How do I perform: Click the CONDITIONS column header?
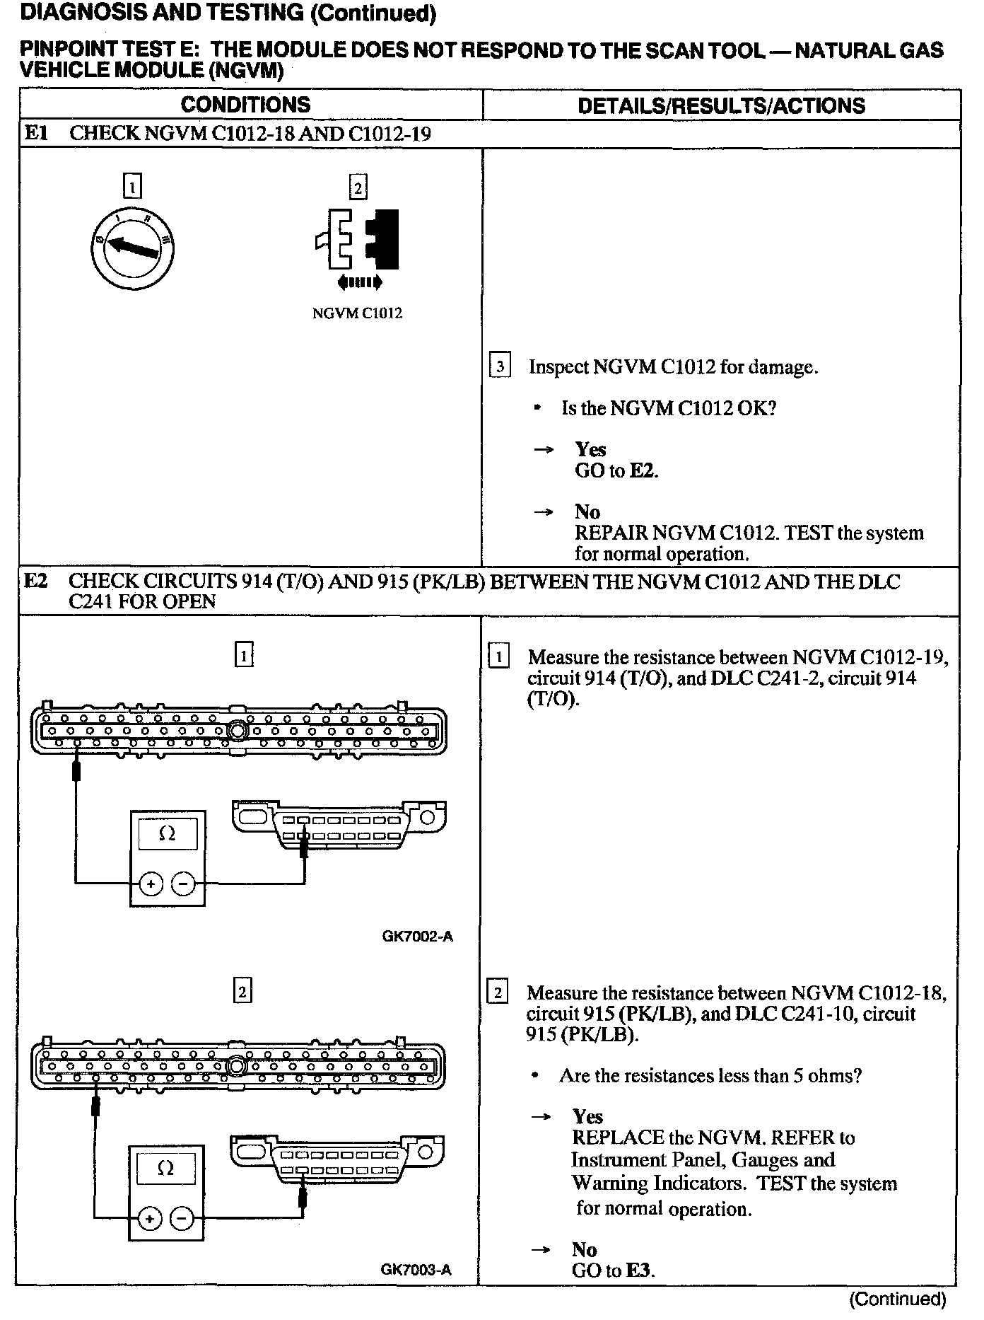(245, 105)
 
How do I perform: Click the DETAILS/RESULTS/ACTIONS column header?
(721, 105)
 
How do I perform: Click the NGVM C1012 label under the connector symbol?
(358, 313)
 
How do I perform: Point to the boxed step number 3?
(500, 366)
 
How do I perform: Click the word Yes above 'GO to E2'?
(590, 449)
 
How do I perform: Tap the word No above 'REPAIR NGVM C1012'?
(587, 511)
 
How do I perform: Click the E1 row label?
(36, 133)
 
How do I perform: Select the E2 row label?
(36, 581)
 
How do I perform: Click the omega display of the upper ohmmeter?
(168, 834)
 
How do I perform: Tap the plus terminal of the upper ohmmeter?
(151, 883)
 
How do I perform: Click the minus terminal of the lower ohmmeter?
(182, 1218)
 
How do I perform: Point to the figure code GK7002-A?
(417, 937)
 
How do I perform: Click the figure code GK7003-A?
(416, 1269)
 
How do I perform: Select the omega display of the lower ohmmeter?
(166, 1168)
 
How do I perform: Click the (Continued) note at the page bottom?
(897, 1299)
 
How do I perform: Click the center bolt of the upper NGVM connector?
(238, 729)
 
